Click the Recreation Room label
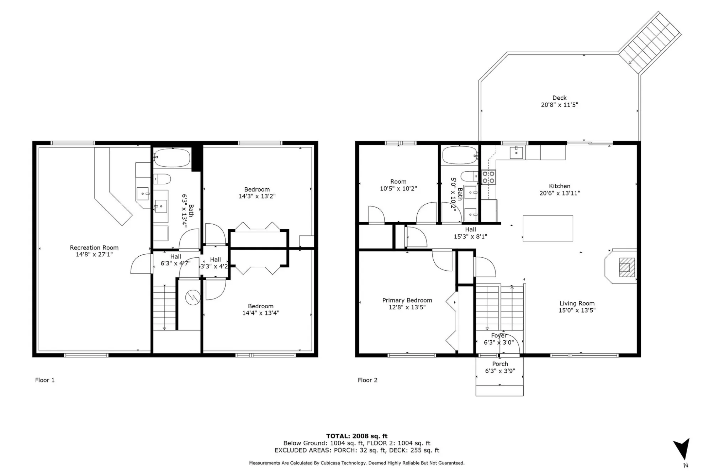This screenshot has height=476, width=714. [94, 247]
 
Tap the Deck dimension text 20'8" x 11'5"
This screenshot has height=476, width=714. [559, 105]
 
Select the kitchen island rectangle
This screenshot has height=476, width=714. [548, 228]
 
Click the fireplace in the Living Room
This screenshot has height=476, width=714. [621, 266]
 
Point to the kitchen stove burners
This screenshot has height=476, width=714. [489, 177]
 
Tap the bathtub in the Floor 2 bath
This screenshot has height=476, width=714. [459, 155]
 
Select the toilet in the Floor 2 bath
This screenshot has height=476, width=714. [470, 176]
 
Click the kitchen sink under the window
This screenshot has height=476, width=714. [516, 152]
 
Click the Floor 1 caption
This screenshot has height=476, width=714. [45, 380]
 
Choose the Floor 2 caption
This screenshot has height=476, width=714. [367, 380]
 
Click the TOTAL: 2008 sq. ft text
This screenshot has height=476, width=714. [357, 436]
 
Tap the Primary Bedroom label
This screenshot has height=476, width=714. [407, 300]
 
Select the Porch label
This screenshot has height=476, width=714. [500, 364]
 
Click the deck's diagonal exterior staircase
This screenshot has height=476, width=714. [650, 43]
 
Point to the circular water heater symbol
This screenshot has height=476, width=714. [193, 297]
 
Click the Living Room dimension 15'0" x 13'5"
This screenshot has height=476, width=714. [577, 310]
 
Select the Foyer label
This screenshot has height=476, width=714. [499, 335]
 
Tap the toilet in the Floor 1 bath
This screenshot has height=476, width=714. [162, 179]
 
